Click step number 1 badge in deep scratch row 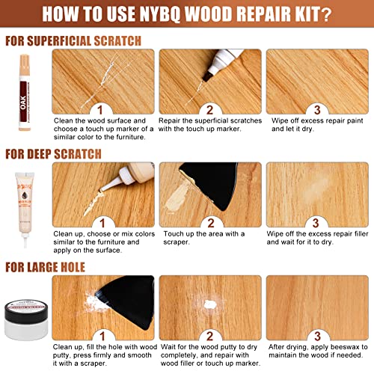[101, 223]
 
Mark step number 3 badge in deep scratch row [316, 223]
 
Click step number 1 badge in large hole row [101, 336]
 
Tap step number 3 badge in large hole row [316, 336]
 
